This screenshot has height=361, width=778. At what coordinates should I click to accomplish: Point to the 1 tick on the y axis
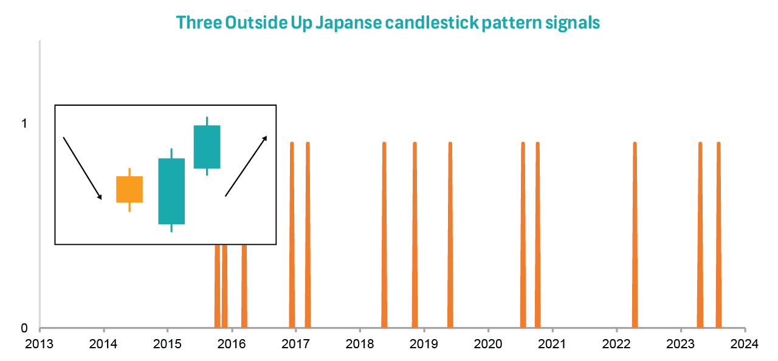click(x=24, y=123)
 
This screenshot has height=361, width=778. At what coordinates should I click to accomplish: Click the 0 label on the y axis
click(x=24, y=328)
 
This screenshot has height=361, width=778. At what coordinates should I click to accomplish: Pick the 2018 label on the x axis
click(x=360, y=344)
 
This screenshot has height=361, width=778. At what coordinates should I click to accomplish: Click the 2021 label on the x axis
click(x=552, y=344)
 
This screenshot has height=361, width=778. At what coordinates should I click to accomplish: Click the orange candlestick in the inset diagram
click(x=129, y=189)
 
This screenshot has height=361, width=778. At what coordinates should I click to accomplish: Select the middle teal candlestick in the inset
click(x=171, y=191)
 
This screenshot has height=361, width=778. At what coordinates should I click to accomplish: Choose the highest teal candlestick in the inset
click(x=207, y=146)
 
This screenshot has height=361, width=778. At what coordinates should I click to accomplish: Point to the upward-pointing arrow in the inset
click(x=246, y=166)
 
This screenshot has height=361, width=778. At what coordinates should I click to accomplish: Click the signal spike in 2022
click(x=635, y=237)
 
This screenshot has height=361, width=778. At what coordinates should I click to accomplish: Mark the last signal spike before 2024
click(x=718, y=237)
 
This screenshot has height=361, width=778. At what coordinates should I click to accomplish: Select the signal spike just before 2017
click(x=292, y=237)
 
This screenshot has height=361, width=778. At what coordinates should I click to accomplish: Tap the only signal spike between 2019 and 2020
click(x=450, y=237)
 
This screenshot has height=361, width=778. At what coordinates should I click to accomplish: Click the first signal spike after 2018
click(x=384, y=237)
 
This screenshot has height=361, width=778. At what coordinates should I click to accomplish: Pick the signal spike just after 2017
click(x=308, y=237)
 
